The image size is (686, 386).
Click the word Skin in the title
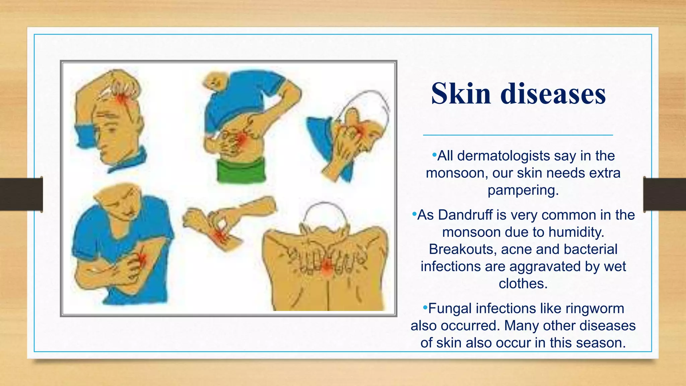pos(461,94)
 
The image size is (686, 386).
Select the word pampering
pos(523,190)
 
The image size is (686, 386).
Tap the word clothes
pos(523,284)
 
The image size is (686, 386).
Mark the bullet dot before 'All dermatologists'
pos(434,155)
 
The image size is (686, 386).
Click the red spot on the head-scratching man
pos(121,99)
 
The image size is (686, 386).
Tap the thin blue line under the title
pos(518,135)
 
